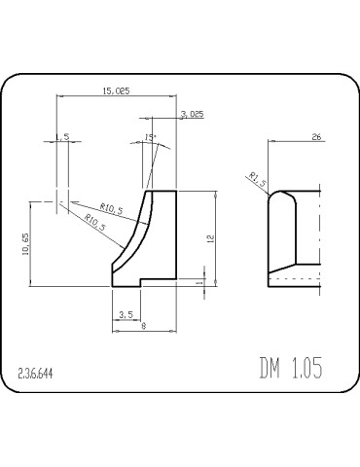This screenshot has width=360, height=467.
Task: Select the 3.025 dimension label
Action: (x=192, y=114)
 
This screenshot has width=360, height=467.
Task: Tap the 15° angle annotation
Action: (x=150, y=137)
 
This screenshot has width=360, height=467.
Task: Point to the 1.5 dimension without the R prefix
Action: (x=63, y=138)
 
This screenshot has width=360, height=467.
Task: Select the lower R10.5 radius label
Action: (x=94, y=223)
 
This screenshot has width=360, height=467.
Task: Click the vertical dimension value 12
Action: (x=197, y=236)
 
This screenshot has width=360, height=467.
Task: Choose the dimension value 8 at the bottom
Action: (x=143, y=328)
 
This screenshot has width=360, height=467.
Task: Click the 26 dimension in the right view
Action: (x=316, y=137)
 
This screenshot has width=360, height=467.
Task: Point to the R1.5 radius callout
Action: (x=257, y=177)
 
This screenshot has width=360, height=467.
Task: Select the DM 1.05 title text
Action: (x=290, y=369)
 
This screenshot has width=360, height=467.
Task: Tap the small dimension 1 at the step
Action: (x=199, y=282)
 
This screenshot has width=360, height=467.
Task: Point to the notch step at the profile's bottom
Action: (x=142, y=281)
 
